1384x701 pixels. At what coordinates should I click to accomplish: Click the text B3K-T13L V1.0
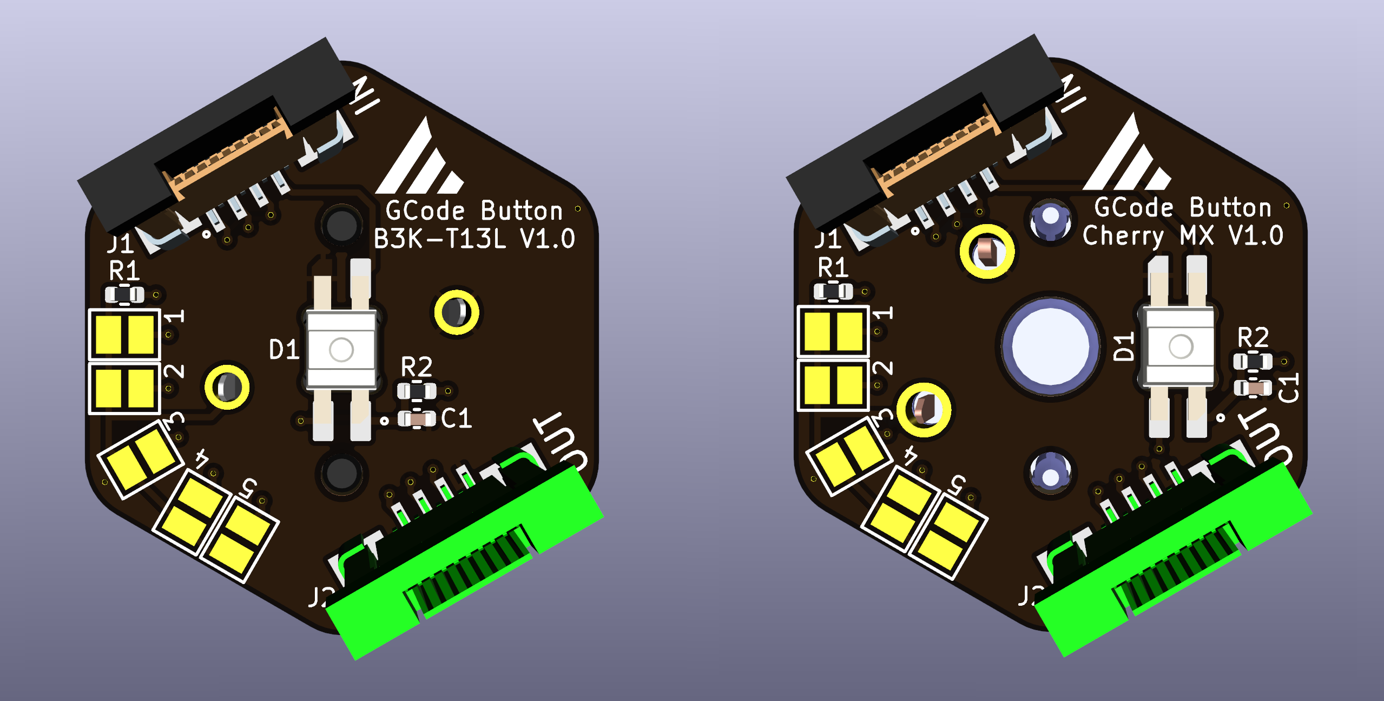pyautogui.click(x=474, y=239)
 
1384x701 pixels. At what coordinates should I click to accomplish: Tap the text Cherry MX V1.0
pyautogui.click(x=1183, y=235)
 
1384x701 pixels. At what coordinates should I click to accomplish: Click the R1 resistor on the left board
pyautogui.click(x=124, y=295)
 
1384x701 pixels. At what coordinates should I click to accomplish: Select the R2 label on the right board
pyautogui.click(x=1253, y=338)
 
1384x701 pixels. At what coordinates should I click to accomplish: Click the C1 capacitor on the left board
pyautogui.click(x=417, y=418)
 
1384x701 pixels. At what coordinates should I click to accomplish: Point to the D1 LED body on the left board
pyautogui.click(x=341, y=349)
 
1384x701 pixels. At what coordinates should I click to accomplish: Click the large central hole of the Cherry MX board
pyautogui.click(x=1050, y=346)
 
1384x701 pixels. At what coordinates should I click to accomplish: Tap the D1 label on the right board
pyautogui.click(x=1124, y=346)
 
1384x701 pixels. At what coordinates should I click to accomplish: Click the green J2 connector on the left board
pyautogui.click(x=465, y=568)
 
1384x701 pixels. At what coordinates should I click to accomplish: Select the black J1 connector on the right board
pyautogui.click(x=920, y=135)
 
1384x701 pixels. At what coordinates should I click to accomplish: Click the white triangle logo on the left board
pyautogui.click(x=419, y=162)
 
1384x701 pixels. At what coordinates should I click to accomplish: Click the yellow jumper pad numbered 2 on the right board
pyautogui.click(x=833, y=385)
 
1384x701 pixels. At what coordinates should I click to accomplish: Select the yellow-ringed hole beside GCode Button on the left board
pyautogui.click(x=457, y=312)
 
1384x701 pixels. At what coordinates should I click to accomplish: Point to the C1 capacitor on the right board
pyautogui.click(x=1253, y=388)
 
